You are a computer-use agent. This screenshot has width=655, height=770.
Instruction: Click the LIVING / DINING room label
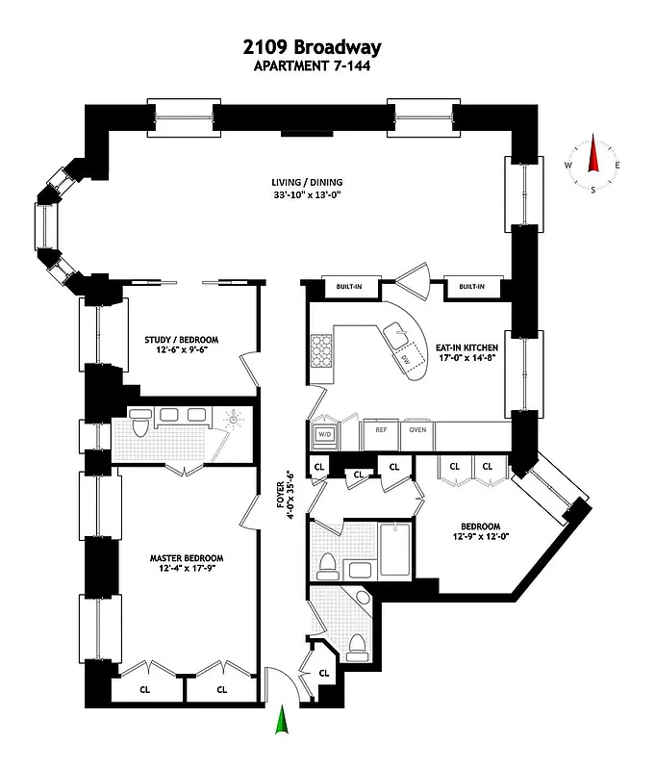(307, 182)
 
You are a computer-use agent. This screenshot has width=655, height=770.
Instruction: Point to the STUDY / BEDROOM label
(182, 340)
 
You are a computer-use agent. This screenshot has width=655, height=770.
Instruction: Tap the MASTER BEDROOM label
(187, 558)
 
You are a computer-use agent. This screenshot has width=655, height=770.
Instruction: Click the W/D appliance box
(322, 434)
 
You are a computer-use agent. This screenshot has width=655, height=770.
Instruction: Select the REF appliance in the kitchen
(381, 430)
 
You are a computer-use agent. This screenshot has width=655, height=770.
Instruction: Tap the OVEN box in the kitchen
(417, 430)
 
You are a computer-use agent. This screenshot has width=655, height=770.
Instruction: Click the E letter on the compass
(617, 166)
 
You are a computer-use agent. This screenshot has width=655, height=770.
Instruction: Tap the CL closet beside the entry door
(324, 673)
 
